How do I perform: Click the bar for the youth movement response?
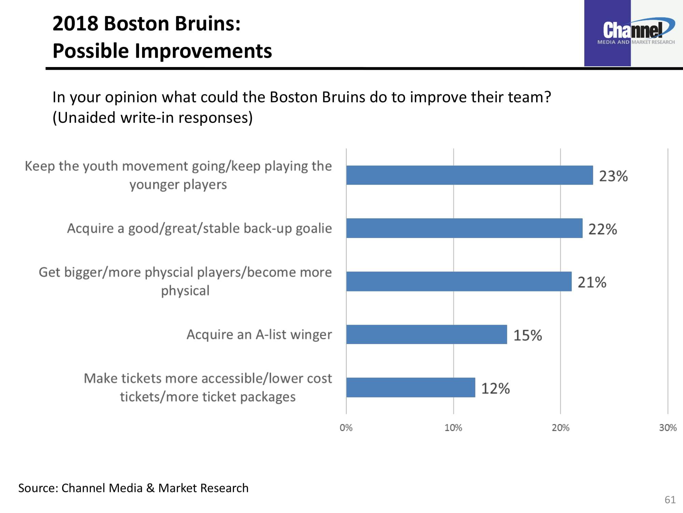point(470,175)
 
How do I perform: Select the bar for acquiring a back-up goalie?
point(464,228)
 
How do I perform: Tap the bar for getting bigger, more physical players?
point(459,281)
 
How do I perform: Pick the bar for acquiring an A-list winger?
point(427,334)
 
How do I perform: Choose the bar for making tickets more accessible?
point(410,387)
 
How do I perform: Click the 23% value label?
point(613,176)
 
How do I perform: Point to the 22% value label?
point(603,229)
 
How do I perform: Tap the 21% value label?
point(592,282)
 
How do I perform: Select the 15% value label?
point(528,336)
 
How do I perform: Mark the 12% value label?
point(496,389)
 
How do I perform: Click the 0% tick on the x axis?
point(346,428)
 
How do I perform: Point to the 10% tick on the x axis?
point(453,428)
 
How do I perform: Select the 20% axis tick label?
point(560,428)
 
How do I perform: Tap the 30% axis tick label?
point(668,428)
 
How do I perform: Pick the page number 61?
point(670,500)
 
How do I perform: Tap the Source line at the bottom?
point(133,488)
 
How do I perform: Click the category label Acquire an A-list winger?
point(259,334)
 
